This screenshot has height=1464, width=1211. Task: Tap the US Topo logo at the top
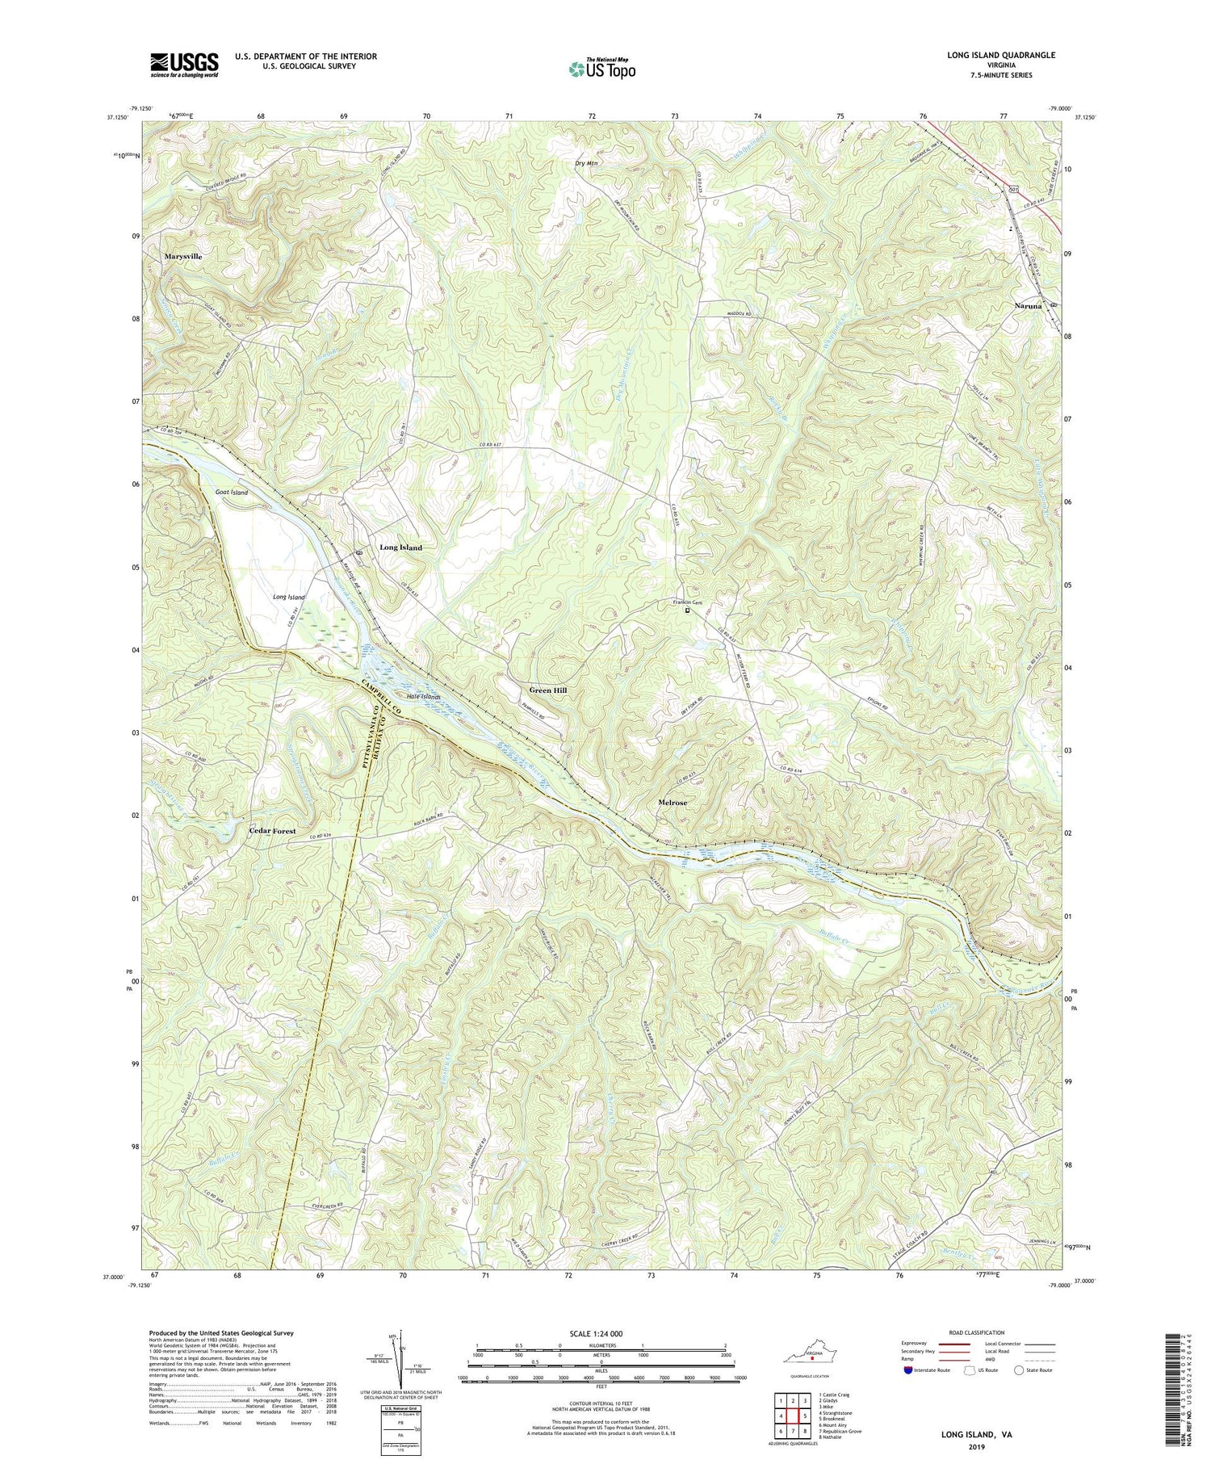tap(601, 69)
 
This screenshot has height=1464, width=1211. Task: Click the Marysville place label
tap(182, 256)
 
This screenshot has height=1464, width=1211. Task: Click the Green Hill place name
tap(548, 691)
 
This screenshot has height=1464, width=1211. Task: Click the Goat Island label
tap(232, 492)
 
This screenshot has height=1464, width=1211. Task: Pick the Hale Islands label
tap(424, 696)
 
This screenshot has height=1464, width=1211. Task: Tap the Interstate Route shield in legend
tap(909, 1370)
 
